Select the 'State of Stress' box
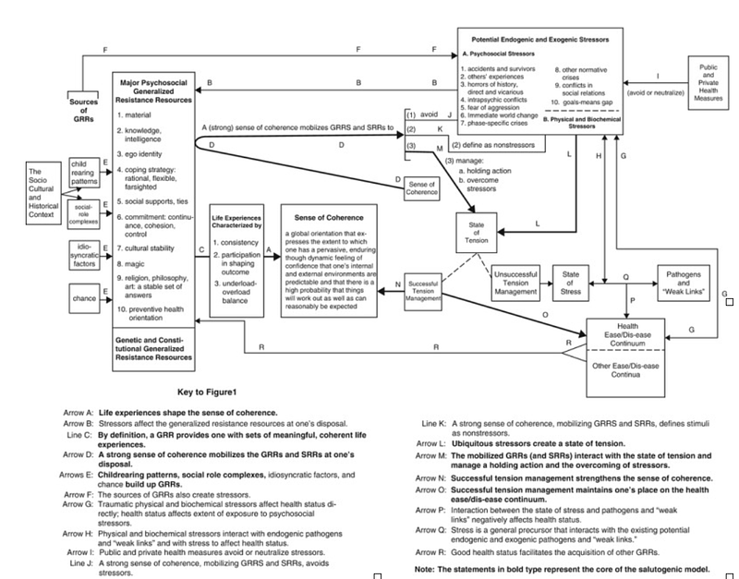[x=571, y=280]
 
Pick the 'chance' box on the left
[x=84, y=299]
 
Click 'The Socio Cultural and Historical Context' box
[x=45, y=197]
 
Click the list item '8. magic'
[x=134, y=263]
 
